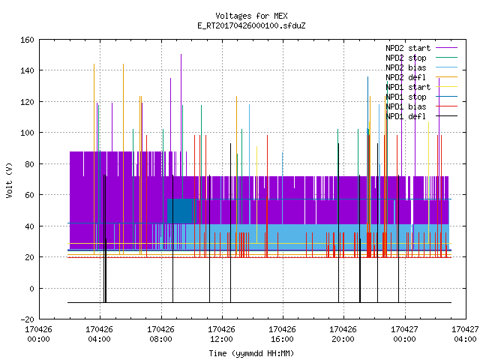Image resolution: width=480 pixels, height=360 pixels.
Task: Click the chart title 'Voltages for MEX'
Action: click(x=251, y=16)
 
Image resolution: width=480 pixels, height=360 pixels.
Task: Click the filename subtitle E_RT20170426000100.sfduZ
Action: click(x=251, y=25)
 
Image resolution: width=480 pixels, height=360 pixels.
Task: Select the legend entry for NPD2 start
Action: click(x=421, y=48)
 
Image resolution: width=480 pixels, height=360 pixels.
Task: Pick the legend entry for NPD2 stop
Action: click(x=421, y=58)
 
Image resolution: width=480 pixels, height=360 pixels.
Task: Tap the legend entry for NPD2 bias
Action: click(x=421, y=67)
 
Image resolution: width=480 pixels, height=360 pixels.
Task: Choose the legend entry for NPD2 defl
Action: click(x=421, y=77)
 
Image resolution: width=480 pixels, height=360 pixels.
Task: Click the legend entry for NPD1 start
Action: click(x=421, y=87)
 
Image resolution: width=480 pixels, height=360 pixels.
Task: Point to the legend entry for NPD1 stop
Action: click(x=421, y=97)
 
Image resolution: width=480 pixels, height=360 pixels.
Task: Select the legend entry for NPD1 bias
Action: click(x=421, y=106)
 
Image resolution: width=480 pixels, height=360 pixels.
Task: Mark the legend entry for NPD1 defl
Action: click(x=421, y=116)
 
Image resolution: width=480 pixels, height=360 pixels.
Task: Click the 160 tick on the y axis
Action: click(x=27, y=40)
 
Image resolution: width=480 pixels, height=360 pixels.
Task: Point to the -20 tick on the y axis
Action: click(x=27, y=319)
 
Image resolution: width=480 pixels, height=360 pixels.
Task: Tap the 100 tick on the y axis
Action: click(x=27, y=133)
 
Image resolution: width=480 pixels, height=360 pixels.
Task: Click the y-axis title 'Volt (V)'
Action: click(x=9, y=180)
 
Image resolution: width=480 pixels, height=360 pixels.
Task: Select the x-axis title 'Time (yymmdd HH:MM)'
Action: click(x=251, y=353)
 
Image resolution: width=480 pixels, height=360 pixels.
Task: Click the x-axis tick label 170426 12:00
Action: click(x=221, y=334)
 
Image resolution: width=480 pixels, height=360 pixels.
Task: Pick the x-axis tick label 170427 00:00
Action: click(x=404, y=334)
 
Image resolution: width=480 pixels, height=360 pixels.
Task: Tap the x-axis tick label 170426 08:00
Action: click(x=160, y=334)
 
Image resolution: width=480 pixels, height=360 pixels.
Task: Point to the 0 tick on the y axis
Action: click(x=31, y=288)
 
